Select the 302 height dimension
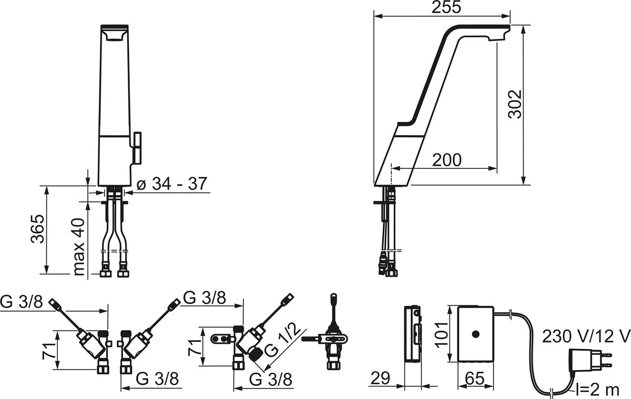coord(516,104)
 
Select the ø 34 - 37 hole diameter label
coord(171,184)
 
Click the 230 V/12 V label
coord(585,335)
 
